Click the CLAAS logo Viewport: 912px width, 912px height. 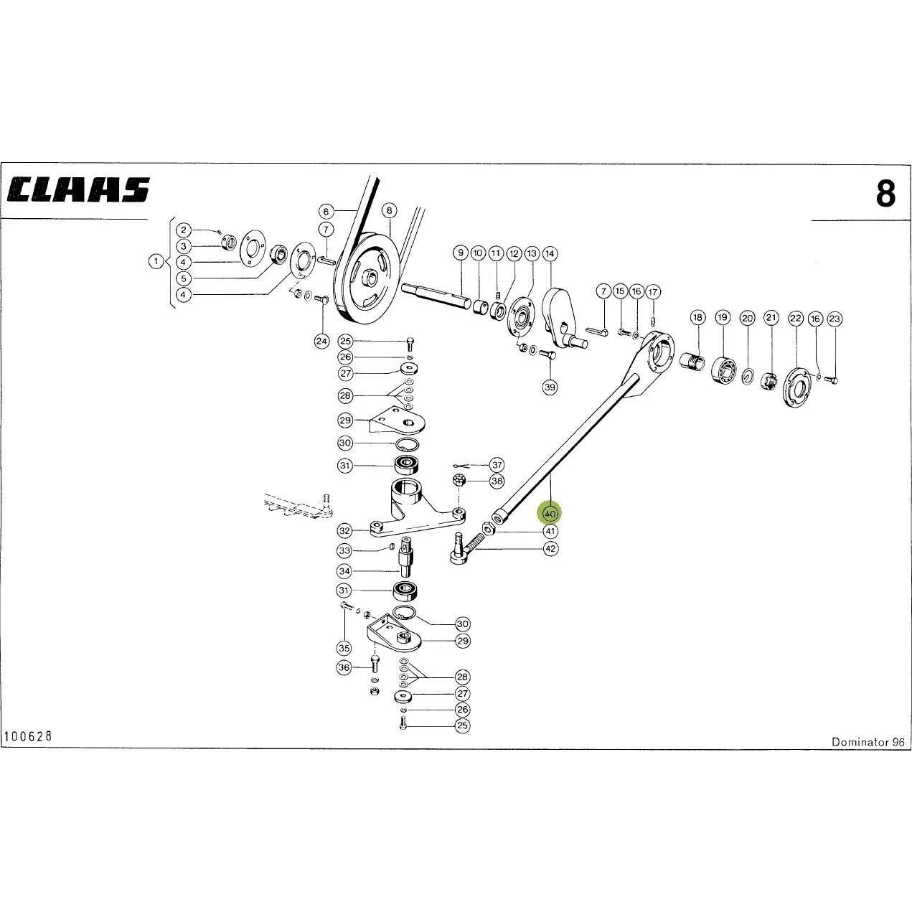coord(78,189)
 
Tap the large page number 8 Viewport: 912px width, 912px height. coord(885,194)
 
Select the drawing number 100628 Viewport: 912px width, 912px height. coord(28,736)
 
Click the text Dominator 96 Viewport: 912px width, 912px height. coord(868,742)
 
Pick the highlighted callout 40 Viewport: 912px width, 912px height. coord(550,514)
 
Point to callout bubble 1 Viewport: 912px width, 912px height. coord(156,260)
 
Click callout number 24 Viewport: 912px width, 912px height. coord(322,342)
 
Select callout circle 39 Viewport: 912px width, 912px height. coord(550,387)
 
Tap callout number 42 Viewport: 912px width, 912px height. coord(550,548)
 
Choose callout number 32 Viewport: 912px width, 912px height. coord(345,530)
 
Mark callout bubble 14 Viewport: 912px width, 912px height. coord(550,254)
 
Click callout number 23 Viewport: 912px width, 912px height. coord(835,319)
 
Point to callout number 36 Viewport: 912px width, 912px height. coord(344,667)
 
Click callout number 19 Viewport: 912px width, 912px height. coord(723,317)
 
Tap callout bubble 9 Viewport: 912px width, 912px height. coord(461,253)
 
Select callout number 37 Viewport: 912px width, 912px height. coord(497,465)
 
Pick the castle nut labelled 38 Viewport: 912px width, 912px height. coord(458,481)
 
